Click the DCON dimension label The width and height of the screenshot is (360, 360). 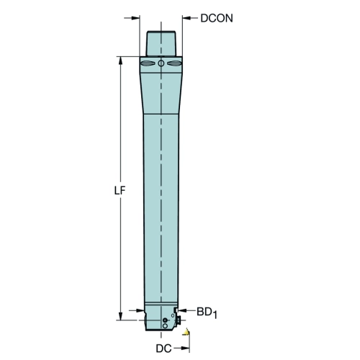pyautogui.click(x=217, y=18)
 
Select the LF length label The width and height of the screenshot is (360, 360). pyautogui.click(x=120, y=191)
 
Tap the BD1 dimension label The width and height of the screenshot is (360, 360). pyautogui.click(x=207, y=312)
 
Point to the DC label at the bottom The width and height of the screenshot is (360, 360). pyautogui.click(x=163, y=348)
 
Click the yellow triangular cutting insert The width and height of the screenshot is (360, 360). pyautogui.click(x=186, y=332)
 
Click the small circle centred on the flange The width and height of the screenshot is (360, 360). pyautogui.click(x=161, y=63)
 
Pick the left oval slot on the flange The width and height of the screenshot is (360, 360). pyautogui.click(x=148, y=63)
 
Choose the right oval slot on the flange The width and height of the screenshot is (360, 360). pyautogui.click(x=174, y=63)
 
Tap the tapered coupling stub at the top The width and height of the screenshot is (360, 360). pyautogui.click(x=161, y=43)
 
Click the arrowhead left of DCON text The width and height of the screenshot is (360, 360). pyautogui.click(x=186, y=18)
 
